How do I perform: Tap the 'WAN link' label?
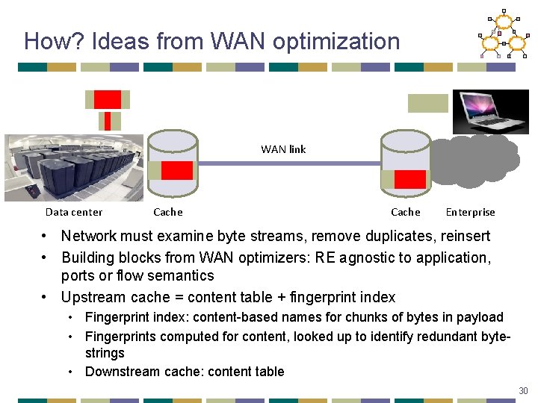click(283, 149)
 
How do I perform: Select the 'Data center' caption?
click(74, 212)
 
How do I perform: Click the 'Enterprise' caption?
click(470, 212)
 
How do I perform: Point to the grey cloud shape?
click(475, 160)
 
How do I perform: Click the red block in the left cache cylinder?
click(176, 170)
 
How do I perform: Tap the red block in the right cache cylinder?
click(409, 179)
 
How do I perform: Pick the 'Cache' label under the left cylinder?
click(167, 212)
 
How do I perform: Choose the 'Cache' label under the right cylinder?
click(406, 212)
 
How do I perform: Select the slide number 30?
click(522, 391)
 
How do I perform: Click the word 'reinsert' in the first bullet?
click(464, 237)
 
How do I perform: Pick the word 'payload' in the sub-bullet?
click(481, 318)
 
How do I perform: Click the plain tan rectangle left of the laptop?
click(427, 103)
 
